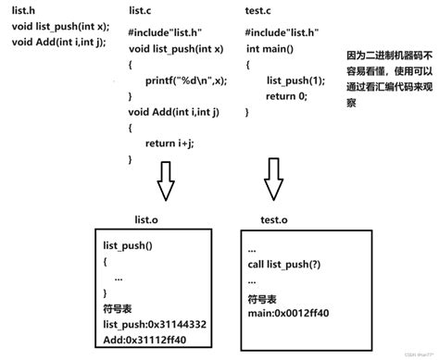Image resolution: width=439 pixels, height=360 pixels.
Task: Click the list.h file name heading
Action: pos(23,10)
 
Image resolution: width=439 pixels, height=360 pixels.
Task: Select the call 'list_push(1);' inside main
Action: pos(293,81)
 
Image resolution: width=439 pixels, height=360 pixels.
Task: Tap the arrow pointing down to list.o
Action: pos(166,180)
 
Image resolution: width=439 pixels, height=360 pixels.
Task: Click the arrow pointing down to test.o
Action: pos(272,179)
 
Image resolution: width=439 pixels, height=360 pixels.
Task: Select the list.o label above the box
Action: pos(150,219)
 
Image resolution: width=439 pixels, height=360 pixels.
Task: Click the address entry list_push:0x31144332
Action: pos(155,326)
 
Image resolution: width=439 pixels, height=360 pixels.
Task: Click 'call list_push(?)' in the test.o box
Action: pos(289,265)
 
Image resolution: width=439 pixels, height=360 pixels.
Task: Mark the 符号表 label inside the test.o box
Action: pos(264,300)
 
